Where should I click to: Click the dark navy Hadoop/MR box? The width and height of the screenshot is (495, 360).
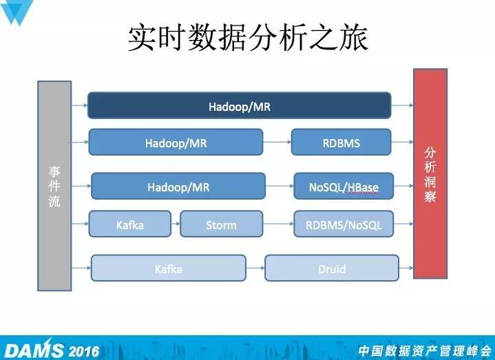point(240,105)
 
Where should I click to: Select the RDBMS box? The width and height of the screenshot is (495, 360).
point(341,142)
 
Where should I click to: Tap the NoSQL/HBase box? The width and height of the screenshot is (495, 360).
point(344,186)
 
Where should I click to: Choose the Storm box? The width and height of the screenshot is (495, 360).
point(221,224)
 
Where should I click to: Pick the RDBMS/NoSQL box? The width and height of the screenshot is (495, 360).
point(344,224)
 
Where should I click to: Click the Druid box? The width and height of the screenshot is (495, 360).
point(332,268)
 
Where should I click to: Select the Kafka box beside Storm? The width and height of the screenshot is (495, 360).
point(129,224)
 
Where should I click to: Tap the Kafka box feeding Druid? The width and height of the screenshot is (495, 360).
point(168,268)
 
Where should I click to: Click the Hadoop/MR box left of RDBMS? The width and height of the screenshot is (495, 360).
point(176,142)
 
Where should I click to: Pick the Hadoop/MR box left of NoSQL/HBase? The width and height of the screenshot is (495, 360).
point(178,186)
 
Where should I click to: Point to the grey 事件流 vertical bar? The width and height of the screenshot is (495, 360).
point(54,186)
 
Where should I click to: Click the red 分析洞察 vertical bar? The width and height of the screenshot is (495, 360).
point(430,173)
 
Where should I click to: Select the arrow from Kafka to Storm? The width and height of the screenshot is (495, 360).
point(176,224)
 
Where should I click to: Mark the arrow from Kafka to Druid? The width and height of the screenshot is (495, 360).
point(255,268)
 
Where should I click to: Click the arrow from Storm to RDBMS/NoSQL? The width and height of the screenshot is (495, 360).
point(278,224)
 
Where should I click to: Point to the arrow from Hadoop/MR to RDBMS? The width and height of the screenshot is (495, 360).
point(277,142)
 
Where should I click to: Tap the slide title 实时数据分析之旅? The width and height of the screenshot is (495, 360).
point(248,38)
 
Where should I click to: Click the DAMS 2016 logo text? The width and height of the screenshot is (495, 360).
point(52,350)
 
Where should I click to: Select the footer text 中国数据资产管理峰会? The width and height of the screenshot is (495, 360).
point(425,351)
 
